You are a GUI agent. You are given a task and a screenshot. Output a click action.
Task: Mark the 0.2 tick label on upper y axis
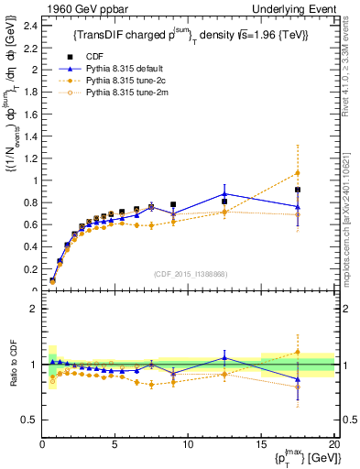tap(30, 269)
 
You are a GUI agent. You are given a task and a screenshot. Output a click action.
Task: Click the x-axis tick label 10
tap(188, 444)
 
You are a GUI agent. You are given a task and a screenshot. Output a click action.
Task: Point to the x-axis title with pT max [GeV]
tap(302, 457)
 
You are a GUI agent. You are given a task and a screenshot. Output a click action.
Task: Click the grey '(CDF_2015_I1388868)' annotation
tap(189, 272)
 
